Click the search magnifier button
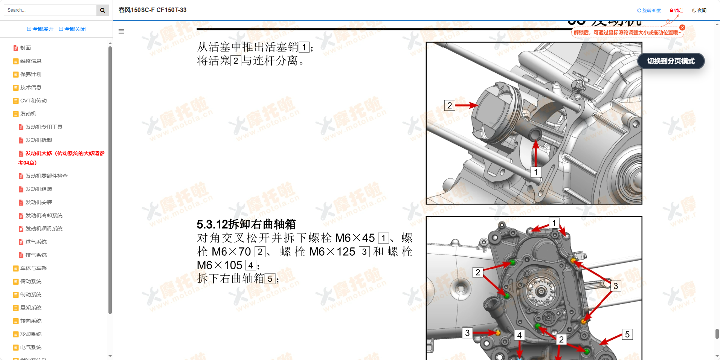102,10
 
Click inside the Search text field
50,10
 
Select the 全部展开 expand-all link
40,29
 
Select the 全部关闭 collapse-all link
72,29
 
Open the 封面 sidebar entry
25,48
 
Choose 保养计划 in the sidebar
31,75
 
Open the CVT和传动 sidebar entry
33,101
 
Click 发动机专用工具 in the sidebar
44,127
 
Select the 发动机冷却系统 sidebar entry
44,216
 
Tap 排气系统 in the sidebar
36,255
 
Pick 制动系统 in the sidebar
31,295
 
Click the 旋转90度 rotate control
649,11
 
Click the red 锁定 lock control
676,11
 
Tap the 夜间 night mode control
699,11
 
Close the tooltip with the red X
682,27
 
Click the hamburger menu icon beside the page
121,32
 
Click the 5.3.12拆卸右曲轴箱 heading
246,224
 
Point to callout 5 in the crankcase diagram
627,334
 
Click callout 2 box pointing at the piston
449,105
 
